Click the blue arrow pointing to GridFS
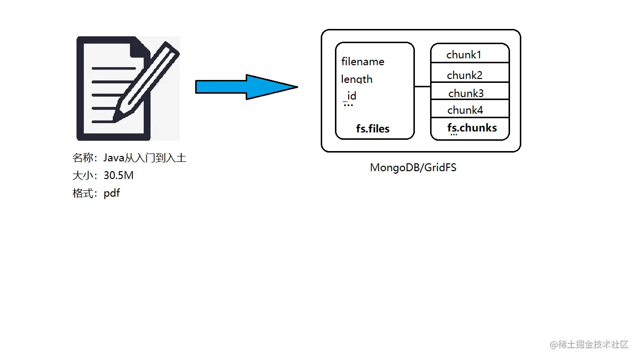(247, 87)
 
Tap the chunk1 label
(463, 55)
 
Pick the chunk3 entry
(466, 93)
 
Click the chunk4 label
(465, 110)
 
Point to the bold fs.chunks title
(472, 128)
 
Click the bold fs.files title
(373, 129)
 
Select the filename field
(363, 62)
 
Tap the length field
(357, 79)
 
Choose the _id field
(350, 96)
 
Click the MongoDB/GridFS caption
(413, 167)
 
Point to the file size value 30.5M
(118, 175)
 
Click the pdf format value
(111, 193)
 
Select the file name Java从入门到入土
(145, 158)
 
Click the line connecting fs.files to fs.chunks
(422, 86)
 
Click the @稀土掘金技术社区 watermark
(589, 345)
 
